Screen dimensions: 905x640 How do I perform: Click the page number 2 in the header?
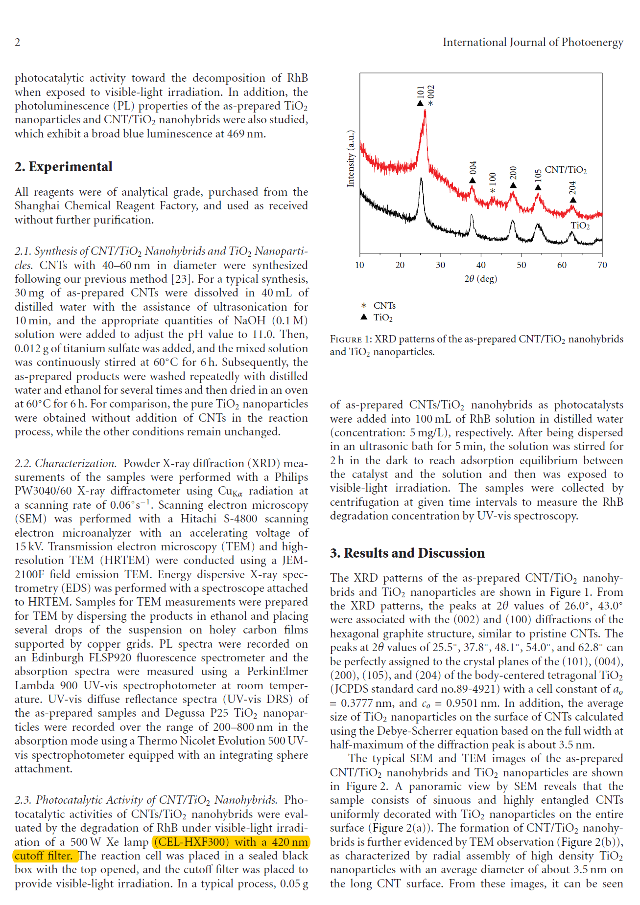[x=18, y=42]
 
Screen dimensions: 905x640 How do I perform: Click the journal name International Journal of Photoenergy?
[x=533, y=42]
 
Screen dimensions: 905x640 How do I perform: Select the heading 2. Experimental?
[x=64, y=167]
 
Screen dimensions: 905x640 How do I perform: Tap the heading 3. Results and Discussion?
[x=407, y=553]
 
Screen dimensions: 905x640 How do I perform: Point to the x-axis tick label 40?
[x=481, y=265]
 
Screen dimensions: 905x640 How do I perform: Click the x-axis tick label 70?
[x=602, y=265]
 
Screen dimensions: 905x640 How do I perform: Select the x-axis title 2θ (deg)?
[x=480, y=279]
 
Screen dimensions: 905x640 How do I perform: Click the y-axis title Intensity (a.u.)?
[x=351, y=158]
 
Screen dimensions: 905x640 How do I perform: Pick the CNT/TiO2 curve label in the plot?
[x=566, y=170]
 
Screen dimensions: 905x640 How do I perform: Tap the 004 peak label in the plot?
[x=473, y=167]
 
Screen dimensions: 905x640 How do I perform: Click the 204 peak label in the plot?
[x=572, y=187]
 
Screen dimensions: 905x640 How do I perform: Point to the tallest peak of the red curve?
[x=425, y=112]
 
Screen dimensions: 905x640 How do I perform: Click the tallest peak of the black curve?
[x=421, y=180]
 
